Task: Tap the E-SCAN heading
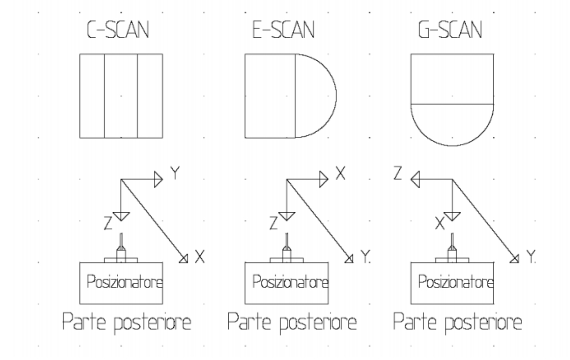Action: (x=282, y=31)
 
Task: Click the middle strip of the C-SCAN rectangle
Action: (x=121, y=95)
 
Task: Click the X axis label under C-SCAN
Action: (x=199, y=257)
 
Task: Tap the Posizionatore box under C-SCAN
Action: (x=121, y=281)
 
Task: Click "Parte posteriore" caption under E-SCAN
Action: (x=292, y=323)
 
